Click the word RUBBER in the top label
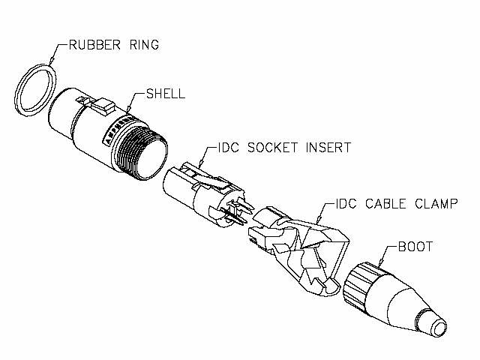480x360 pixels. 94,45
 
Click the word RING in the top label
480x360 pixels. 144,45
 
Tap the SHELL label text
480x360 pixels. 166,94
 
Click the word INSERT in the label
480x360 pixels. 328,148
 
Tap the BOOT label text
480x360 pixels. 415,247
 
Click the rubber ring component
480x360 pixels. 35,90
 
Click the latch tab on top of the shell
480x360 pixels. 103,106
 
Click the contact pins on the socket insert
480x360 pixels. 237,211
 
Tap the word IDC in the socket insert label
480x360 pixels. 227,148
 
